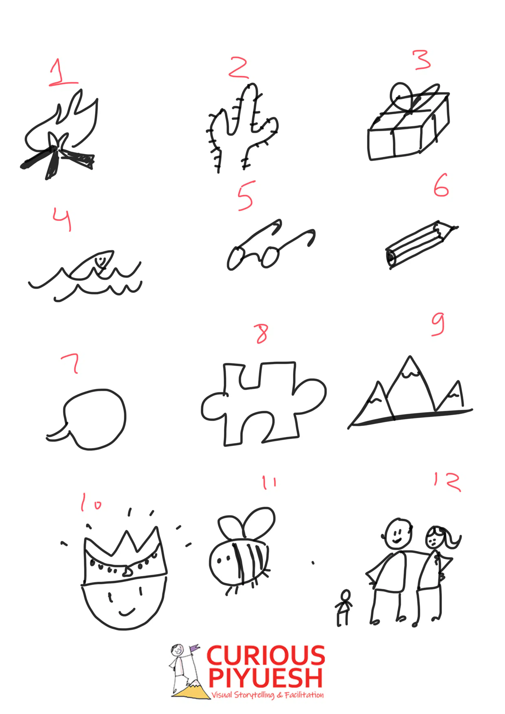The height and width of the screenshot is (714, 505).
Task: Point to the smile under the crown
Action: tap(126, 611)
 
